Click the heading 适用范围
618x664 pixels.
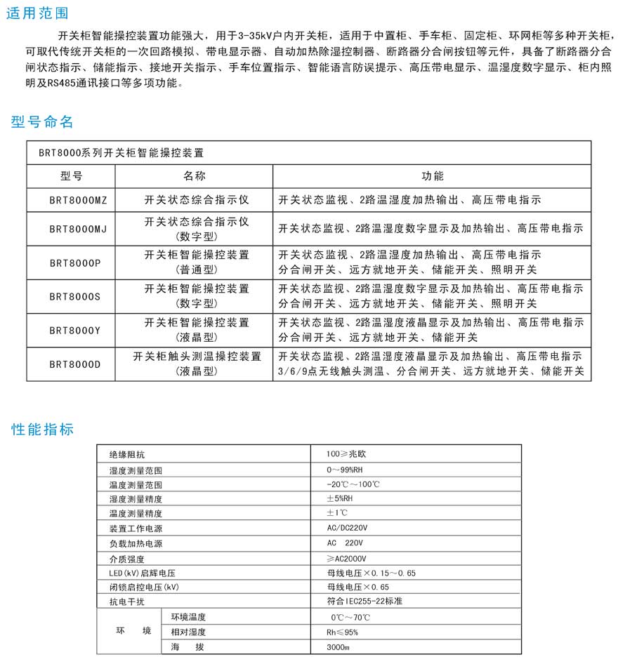point(38,14)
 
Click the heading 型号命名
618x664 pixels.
point(43,122)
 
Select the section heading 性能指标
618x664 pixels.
point(43,429)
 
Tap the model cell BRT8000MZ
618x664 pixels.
point(78,200)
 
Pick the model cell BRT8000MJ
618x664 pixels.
point(78,229)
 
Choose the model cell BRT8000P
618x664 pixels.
point(75,263)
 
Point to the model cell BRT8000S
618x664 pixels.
point(75,296)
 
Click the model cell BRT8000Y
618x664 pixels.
point(75,330)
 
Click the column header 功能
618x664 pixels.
point(432,176)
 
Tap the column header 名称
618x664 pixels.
point(195,176)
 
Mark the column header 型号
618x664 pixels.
point(72,176)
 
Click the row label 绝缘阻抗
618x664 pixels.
point(127,455)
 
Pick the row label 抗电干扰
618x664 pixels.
point(127,602)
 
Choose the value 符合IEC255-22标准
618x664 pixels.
point(364,602)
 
